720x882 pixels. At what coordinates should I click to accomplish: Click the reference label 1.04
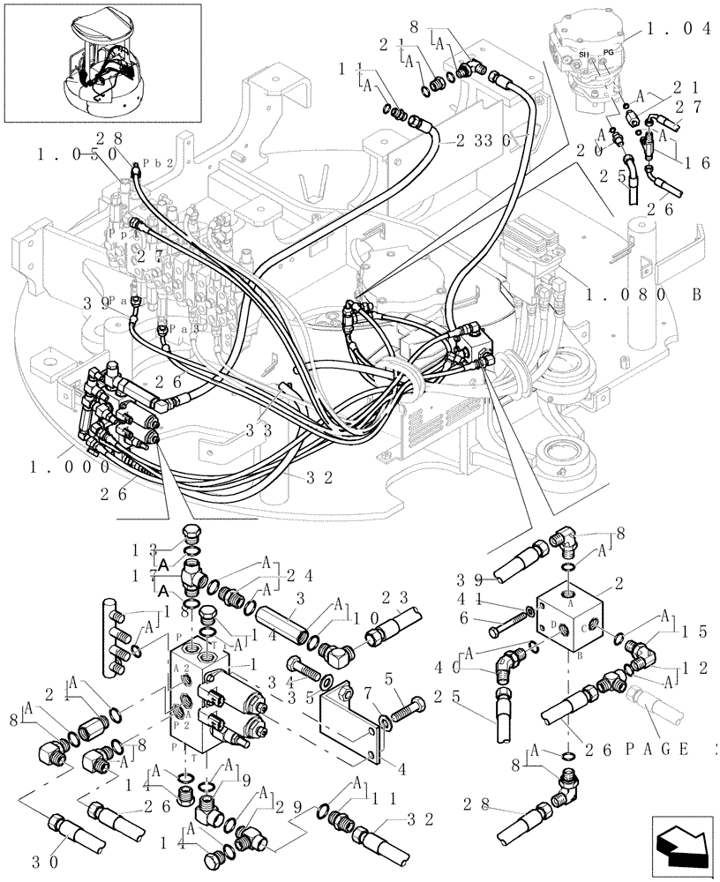(x=680, y=28)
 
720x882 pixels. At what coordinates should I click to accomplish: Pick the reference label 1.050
(x=77, y=153)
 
